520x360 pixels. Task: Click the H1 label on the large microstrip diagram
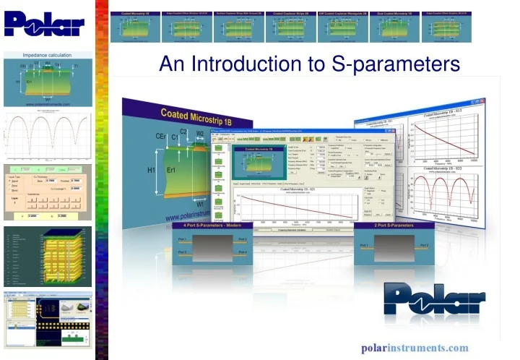point(151,170)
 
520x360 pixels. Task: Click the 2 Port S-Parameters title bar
point(394,226)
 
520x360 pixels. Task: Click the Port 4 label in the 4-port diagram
point(241,252)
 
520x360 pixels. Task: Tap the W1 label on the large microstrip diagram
point(200,204)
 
